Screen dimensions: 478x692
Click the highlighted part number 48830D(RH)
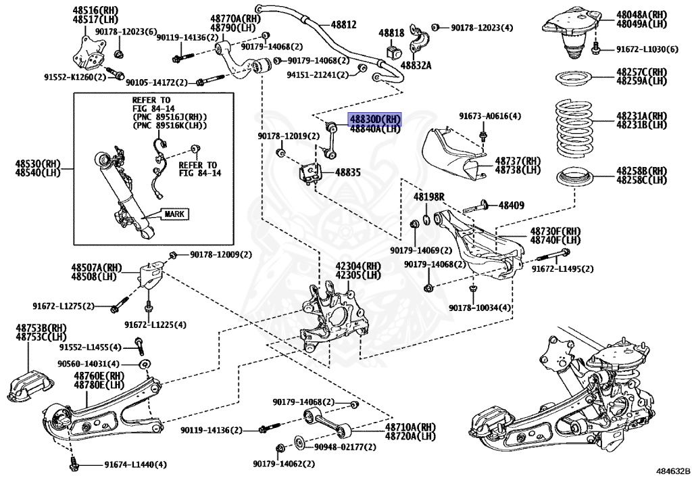374,118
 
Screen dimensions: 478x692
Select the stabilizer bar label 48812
343,24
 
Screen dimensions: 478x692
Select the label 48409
512,205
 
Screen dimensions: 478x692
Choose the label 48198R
429,196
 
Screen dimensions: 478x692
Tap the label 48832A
416,65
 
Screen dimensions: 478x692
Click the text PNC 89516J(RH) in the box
170,116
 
